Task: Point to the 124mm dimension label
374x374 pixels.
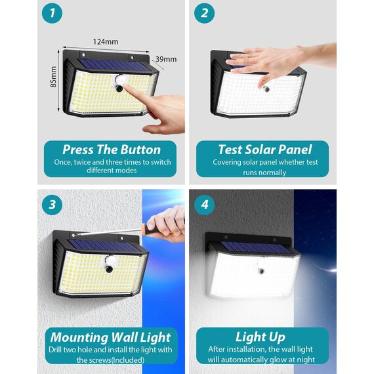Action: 106,41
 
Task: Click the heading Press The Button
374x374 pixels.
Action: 111,150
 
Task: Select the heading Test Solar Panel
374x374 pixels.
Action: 264,150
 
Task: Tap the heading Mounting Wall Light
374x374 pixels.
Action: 111,338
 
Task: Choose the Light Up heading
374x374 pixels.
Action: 260,337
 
